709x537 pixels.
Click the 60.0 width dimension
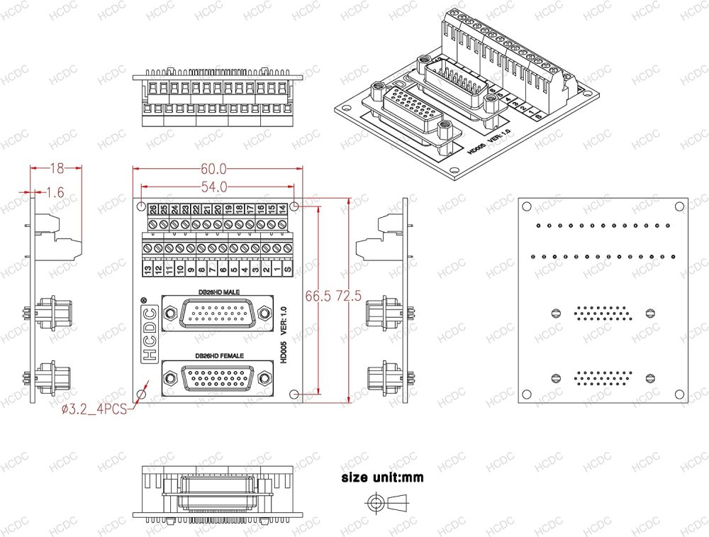pyautogui.click(x=213, y=170)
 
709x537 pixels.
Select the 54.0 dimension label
pyautogui.click(x=213, y=187)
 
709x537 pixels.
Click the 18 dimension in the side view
pyautogui.click(x=57, y=168)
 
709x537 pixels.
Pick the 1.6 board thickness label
pyautogui.click(x=55, y=192)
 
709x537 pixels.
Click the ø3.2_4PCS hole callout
pyautogui.click(x=94, y=409)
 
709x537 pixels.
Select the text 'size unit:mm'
pyautogui.click(x=382, y=477)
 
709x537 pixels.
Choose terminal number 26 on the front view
pyautogui.click(x=152, y=209)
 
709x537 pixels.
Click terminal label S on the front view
pyautogui.click(x=287, y=270)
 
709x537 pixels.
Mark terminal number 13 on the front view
pyautogui.click(x=147, y=270)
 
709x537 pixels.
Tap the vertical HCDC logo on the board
pyautogui.click(x=150, y=333)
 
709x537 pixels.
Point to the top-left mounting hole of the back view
pyautogui.click(x=527, y=206)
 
